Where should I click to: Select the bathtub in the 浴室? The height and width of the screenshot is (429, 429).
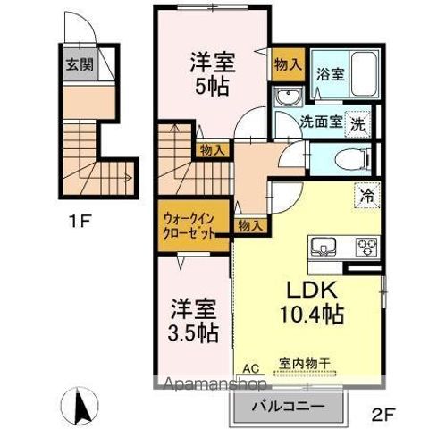coord(364,74)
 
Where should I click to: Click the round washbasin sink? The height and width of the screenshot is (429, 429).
coord(288,97)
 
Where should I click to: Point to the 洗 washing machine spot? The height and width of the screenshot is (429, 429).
coord(357,124)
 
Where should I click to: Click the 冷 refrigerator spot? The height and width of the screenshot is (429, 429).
coord(367,195)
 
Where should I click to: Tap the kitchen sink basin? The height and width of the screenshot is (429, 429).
coord(324,247)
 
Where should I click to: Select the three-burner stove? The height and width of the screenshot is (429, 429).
coord(367,247)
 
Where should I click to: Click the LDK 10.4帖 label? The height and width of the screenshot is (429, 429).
coord(312,302)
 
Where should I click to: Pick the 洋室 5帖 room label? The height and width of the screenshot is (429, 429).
coord(213,74)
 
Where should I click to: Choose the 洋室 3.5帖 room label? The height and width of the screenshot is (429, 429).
coord(193,321)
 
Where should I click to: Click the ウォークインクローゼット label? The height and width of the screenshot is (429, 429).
coord(189,227)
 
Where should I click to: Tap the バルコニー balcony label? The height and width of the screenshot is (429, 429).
coord(288,407)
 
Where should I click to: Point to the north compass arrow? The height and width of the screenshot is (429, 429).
coord(80,406)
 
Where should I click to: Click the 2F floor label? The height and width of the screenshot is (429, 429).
coord(383,415)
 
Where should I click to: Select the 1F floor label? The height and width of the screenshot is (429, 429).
coord(80,222)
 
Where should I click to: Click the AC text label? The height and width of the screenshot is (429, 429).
coord(251,368)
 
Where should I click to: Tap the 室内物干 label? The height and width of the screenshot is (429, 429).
coord(304,363)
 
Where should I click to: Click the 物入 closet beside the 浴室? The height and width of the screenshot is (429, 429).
coord(288,64)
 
